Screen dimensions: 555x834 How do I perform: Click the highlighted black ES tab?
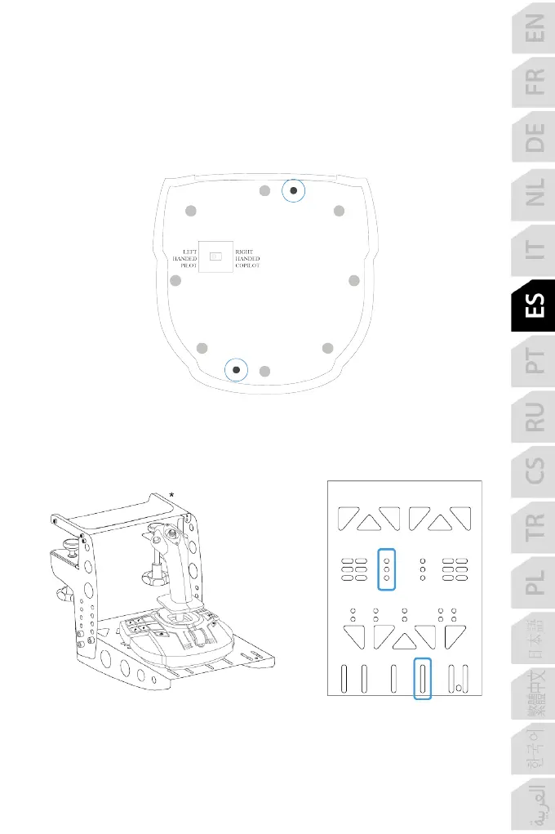coord(534,306)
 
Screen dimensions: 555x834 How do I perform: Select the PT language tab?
coord(534,360)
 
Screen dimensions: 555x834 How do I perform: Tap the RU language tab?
coord(534,415)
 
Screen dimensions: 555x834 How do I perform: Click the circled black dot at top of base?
coord(294,191)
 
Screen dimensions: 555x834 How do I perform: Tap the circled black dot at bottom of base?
coord(237,370)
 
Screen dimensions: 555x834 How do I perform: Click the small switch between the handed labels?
coord(215,256)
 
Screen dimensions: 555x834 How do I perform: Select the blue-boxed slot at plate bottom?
coord(422,678)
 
